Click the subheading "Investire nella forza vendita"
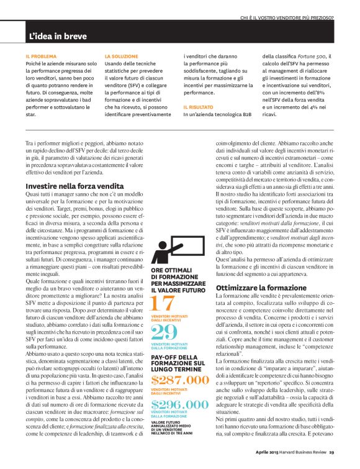(74, 186)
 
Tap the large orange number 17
(163, 304)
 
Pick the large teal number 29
(164, 332)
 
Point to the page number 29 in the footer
(331, 452)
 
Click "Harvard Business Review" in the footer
(302, 452)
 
